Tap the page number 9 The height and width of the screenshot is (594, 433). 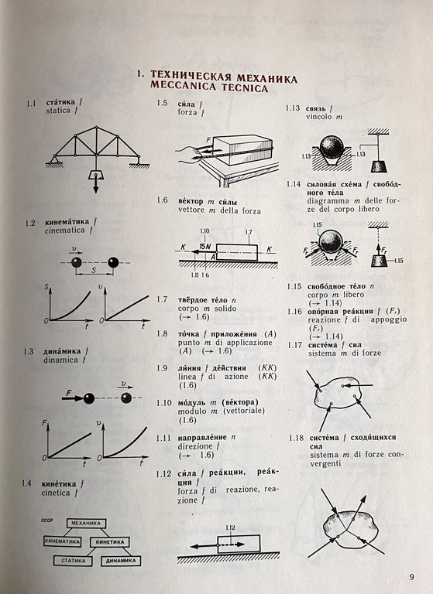click(x=411, y=575)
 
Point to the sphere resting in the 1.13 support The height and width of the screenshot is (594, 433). click(x=333, y=148)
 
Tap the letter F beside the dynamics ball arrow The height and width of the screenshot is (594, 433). click(x=68, y=394)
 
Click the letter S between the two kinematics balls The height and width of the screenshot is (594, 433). click(x=94, y=272)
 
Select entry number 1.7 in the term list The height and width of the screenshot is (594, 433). click(x=162, y=299)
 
